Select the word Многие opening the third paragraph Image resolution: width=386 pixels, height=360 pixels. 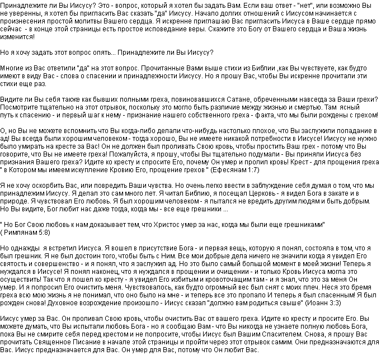12,66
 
